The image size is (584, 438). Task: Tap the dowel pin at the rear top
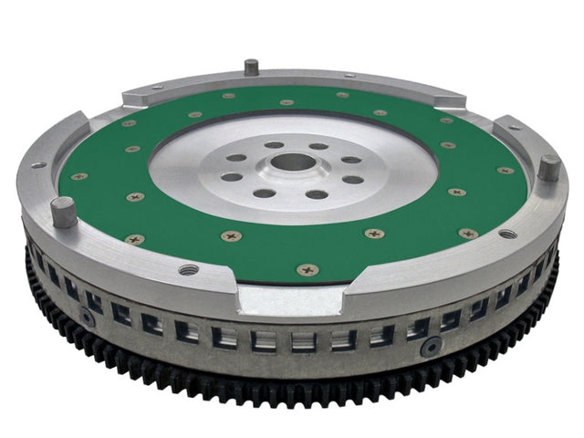point(250,68)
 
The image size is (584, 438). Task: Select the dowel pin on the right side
point(548,168)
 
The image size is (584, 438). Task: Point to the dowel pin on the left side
point(63,212)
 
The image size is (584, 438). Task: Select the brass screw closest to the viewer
point(308,269)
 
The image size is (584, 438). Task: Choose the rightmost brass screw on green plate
point(505,171)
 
